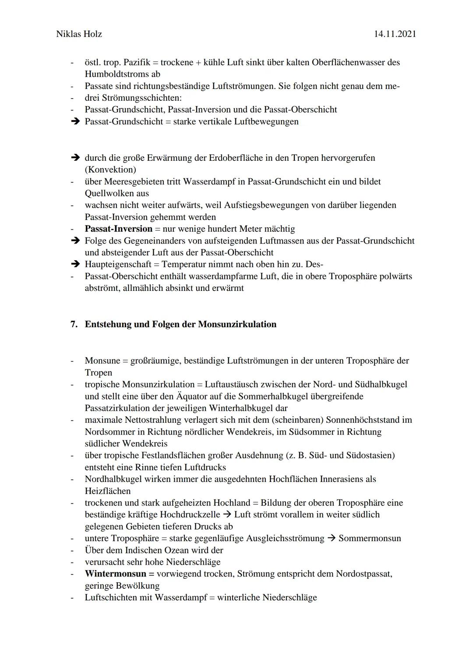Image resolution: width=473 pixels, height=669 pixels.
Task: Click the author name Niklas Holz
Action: pyautogui.click(x=79, y=34)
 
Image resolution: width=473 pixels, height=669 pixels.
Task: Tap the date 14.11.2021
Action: pyautogui.click(x=395, y=34)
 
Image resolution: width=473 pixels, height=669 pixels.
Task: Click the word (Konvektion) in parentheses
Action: pyautogui.click(x=110, y=169)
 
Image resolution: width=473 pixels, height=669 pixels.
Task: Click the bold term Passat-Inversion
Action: pyautogui.click(x=118, y=229)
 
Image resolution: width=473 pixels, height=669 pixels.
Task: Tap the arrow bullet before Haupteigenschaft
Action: pyautogui.click(x=75, y=264)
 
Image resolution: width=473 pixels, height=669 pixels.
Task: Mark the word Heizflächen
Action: pyautogui.click(x=107, y=491)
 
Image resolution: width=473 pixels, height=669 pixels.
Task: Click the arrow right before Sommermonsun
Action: pyautogui.click(x=331, y=538)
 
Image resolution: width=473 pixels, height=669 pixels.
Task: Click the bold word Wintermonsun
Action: pyautogui.click(x=116, y=573)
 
